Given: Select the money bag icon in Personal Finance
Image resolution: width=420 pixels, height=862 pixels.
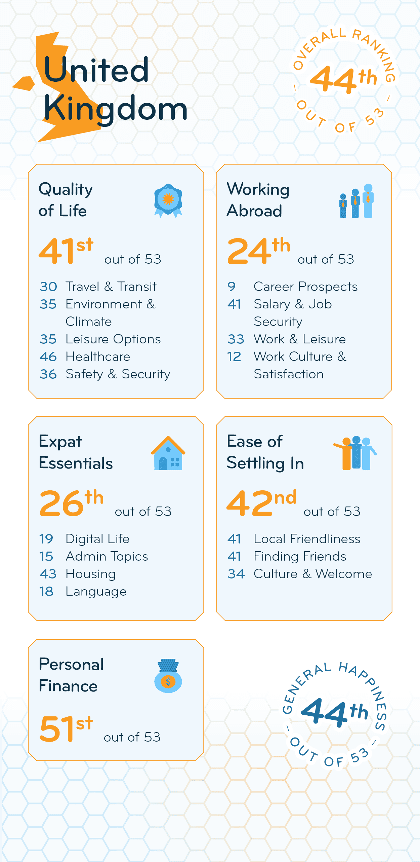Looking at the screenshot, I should pos(168,676).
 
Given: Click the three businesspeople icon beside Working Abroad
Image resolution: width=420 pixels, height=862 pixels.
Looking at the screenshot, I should pos(356,201).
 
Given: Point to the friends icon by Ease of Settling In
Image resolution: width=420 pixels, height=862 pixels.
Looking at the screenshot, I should pos(355,453).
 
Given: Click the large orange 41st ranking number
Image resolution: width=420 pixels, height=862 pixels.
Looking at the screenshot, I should pos(66,251).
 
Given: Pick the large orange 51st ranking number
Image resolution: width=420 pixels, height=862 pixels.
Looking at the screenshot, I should pos(66,728).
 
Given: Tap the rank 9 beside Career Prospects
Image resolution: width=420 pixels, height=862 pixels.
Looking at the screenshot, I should pos(232,287).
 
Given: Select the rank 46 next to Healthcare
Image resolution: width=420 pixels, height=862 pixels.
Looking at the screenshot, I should pos(48,357).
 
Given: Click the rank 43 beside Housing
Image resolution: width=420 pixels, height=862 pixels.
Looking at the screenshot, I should pos(48,574).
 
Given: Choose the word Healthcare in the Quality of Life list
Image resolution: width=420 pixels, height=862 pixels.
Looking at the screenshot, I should pos(98,357).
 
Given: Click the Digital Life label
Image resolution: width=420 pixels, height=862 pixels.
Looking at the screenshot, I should pos(97,539).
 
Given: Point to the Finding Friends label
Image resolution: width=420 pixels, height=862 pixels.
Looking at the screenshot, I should pos(300,556).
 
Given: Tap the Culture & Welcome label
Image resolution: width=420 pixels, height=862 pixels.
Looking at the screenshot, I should pos(312,574).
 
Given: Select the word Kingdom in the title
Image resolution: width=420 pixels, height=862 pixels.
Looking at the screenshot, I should pos(115,109).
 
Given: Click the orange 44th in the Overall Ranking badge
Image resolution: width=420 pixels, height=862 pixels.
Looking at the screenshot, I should pos(343,79).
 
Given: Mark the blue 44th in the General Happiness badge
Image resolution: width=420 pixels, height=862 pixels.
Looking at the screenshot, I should pos(334,711).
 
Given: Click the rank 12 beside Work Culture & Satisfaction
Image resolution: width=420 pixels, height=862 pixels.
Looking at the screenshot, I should pos(234,357).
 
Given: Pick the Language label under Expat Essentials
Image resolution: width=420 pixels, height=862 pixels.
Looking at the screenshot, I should pos(96,592).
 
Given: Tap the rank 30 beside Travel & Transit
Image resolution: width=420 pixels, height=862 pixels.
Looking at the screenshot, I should pos(48,287).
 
